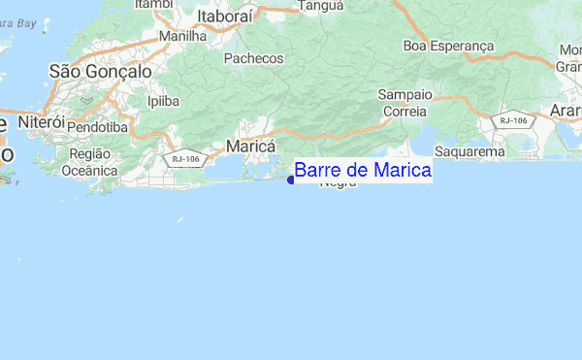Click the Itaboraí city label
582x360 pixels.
(x=230, y=16)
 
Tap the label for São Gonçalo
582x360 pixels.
(x=100, y=71)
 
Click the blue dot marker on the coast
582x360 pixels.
(x=290, y=179)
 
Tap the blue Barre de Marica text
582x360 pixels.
(x=363, y=171)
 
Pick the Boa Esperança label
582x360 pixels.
(x=448, y=46)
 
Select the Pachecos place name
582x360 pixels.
(x=253, y=58)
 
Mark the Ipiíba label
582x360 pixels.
(x=162, y=100)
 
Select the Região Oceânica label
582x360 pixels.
(x=88, y=162)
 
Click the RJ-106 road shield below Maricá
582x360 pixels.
(x=184, y=157)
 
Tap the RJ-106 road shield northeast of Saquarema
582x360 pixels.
(x=512, y=120)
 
